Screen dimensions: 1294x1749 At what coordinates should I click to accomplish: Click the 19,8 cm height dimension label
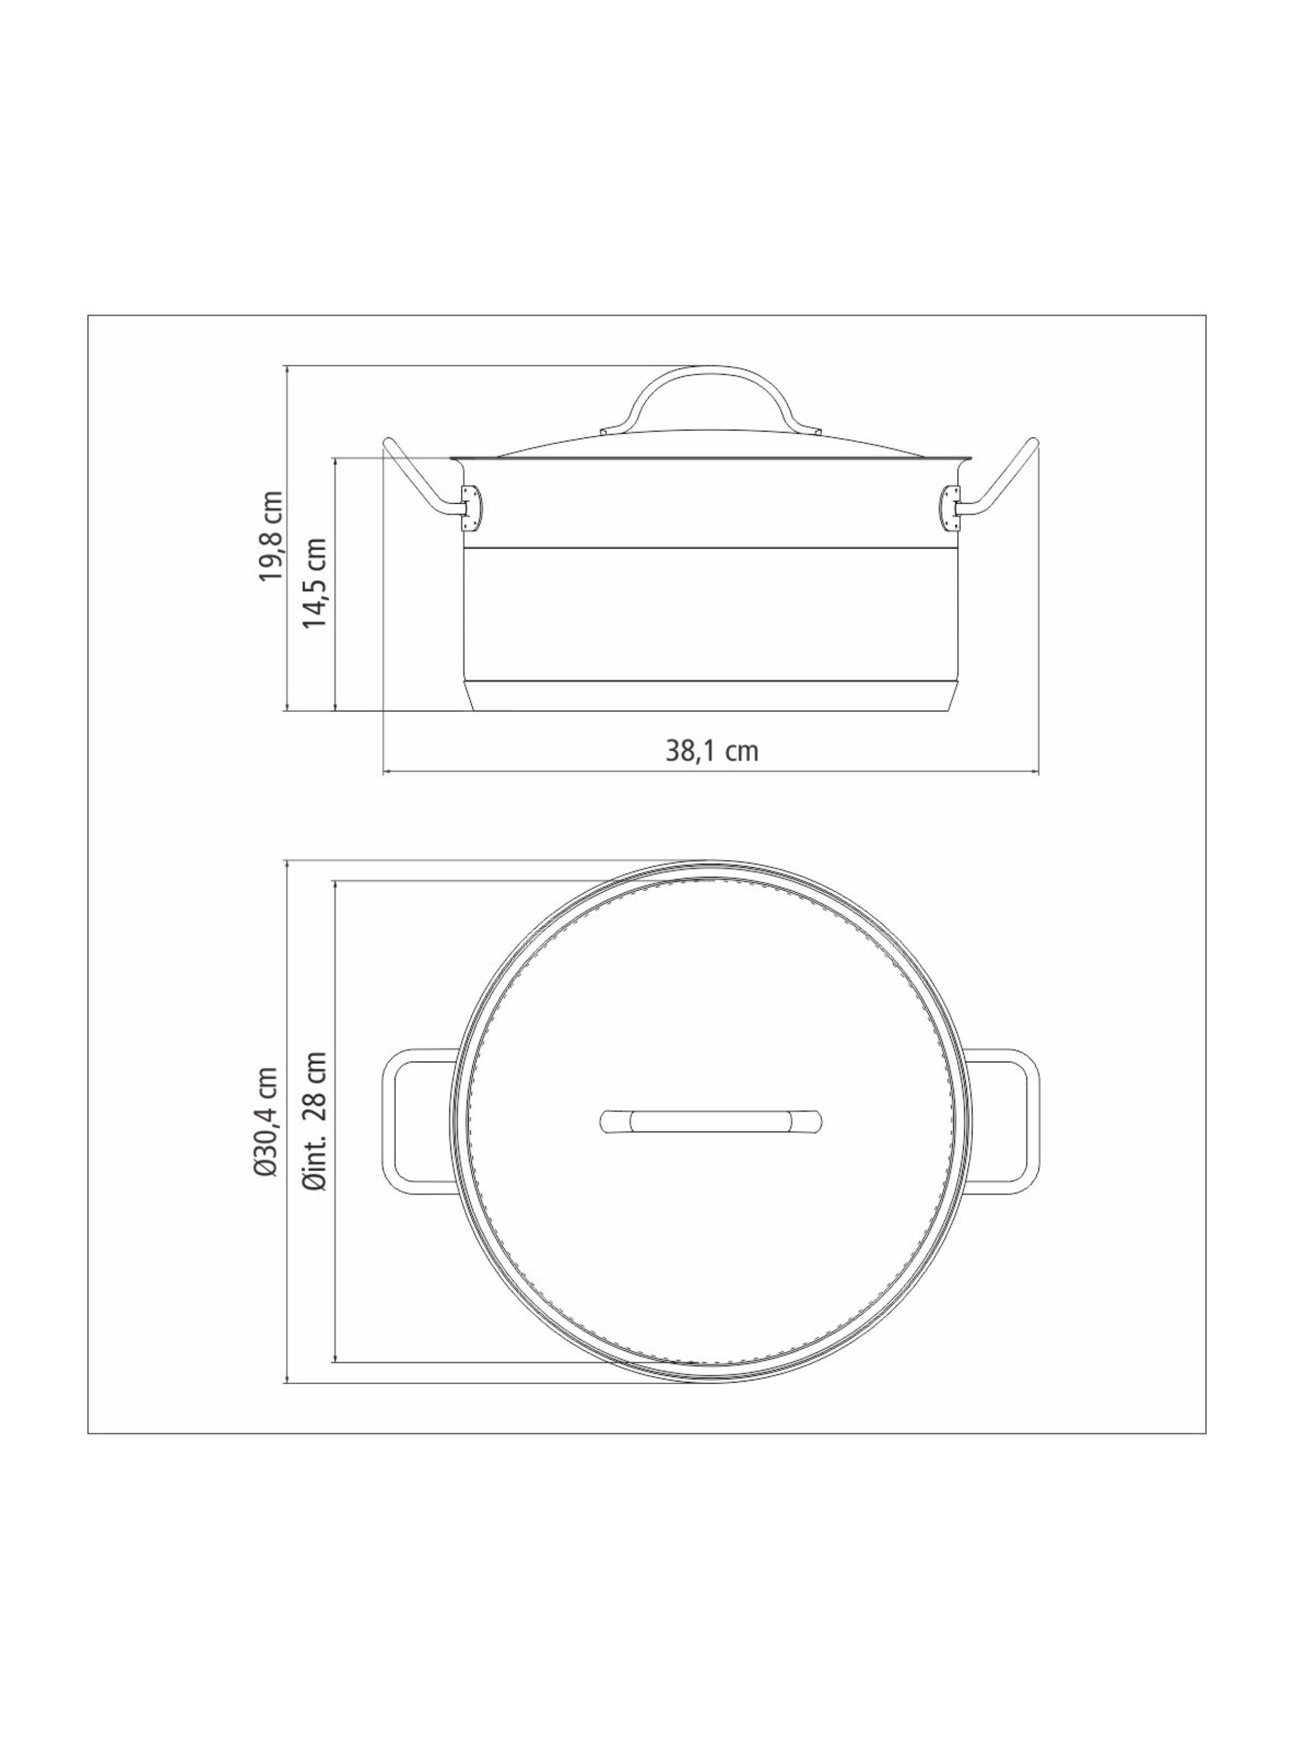point(271,536)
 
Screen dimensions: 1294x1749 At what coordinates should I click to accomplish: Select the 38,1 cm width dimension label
point(712,751)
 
